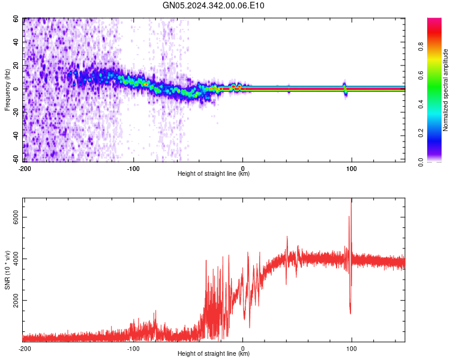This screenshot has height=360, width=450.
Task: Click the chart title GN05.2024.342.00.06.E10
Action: [214, 6]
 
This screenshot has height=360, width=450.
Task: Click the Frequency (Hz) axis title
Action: [7, 89]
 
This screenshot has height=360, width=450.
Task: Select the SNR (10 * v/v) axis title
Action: [7, 270]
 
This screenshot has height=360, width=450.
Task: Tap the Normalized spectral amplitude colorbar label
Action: [446, 90]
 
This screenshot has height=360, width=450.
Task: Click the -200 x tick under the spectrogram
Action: [25, 169]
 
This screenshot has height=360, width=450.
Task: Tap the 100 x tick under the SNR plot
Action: [352, 349]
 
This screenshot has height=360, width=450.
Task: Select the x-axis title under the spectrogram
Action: [214, 174]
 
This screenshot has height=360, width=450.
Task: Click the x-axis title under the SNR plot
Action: [214, 354]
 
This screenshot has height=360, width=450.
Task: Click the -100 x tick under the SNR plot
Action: [133, 349]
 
